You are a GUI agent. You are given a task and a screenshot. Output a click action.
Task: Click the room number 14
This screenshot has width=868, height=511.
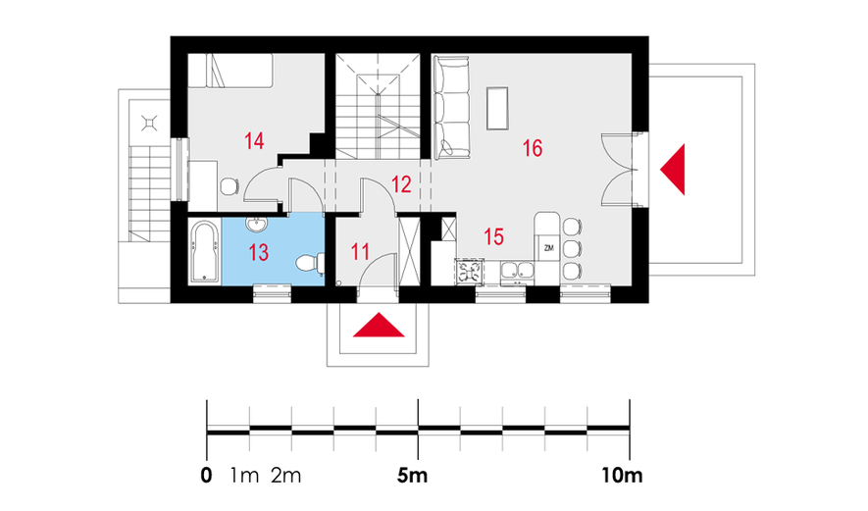coord(254,140)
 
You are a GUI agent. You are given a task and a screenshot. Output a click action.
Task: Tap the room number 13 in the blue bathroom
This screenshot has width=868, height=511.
coord(259,252)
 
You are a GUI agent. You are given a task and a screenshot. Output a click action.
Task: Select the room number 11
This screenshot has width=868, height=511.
coord(360,252)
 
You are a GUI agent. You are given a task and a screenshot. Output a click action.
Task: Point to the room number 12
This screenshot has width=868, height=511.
coord(401,183)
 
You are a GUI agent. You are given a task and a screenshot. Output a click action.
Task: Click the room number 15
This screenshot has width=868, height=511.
coord(493,236)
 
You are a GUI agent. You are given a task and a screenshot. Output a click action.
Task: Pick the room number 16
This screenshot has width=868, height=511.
coord(532,148)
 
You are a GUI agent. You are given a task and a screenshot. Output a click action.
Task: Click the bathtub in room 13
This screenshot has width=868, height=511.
coord(204,252)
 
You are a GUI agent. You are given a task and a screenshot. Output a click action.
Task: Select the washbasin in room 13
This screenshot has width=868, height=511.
coord(256,225)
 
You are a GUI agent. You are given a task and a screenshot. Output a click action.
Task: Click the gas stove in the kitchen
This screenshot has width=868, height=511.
coord(470,272)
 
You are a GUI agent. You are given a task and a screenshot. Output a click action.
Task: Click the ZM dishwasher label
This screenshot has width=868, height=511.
coord(548,248)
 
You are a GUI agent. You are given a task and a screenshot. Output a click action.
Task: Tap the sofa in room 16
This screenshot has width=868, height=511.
coord(451,108)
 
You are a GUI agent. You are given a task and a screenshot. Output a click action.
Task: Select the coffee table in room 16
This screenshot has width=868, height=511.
coord(497,109)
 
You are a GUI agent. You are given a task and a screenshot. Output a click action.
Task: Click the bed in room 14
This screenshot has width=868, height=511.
coord(230,71)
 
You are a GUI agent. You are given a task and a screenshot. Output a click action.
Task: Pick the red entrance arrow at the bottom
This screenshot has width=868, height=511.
coord(379,325)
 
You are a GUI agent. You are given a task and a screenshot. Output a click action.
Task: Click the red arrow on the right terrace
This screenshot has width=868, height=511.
coord(673,170)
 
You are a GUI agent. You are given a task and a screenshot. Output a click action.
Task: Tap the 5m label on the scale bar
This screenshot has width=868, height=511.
coord(412,475)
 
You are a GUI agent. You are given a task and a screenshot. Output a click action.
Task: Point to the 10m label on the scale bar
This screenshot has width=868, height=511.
coord(622,475)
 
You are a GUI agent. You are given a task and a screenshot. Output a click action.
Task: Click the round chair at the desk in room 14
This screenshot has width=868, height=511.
coord(230,186)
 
